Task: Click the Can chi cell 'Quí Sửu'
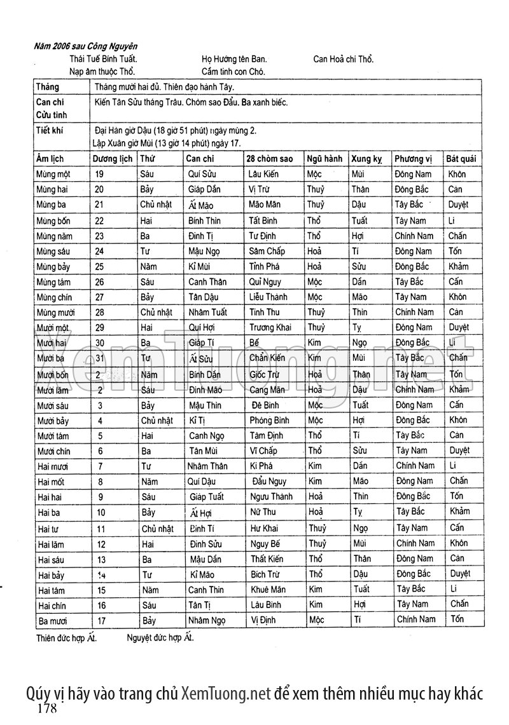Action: pyautogui.click(x=203, y=174)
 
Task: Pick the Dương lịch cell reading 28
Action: pyautogui.click(x=99, y=312)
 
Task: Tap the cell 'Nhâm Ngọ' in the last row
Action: pyautogui.click(x=207, y=620)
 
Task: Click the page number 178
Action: pyautogui.click(x=48, y=708)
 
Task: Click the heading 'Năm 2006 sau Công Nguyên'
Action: pyautogui.click(x=86, y=46)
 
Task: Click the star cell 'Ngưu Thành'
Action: pyautogui.click(x=271, y=497)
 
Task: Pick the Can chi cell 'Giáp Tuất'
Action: pyautogui.click(x=206, y=497)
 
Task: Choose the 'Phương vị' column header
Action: pyautogui.click(x=413, y=158)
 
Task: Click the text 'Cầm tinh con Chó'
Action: pyautogui.click(x=234, y=72)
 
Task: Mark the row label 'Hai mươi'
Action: pyautogui.click(x=53, y=466)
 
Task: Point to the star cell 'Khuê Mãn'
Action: pyautogui.click(x=268, y=589)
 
